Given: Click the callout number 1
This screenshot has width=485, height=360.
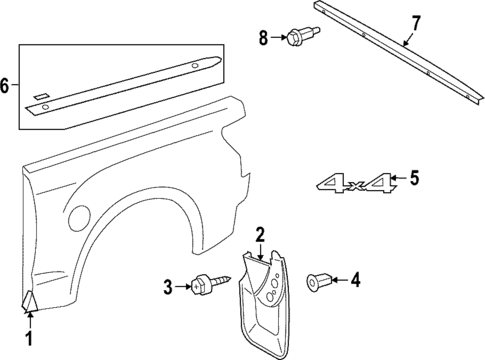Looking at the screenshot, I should [29, 340].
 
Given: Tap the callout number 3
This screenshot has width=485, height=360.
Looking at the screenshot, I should [168, 288].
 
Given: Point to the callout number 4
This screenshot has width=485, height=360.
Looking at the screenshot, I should [354, 281].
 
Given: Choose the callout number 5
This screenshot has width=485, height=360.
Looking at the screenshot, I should [414, 180].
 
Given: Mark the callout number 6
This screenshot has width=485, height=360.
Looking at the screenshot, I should [7, 87].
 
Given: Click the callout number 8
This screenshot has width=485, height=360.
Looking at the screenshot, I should [264, 38].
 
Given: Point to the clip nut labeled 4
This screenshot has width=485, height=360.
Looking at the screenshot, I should [321, 281].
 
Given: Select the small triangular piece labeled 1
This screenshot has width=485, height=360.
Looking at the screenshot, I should [29, 300].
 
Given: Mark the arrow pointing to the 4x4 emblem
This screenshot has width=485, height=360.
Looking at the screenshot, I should [397, 181].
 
